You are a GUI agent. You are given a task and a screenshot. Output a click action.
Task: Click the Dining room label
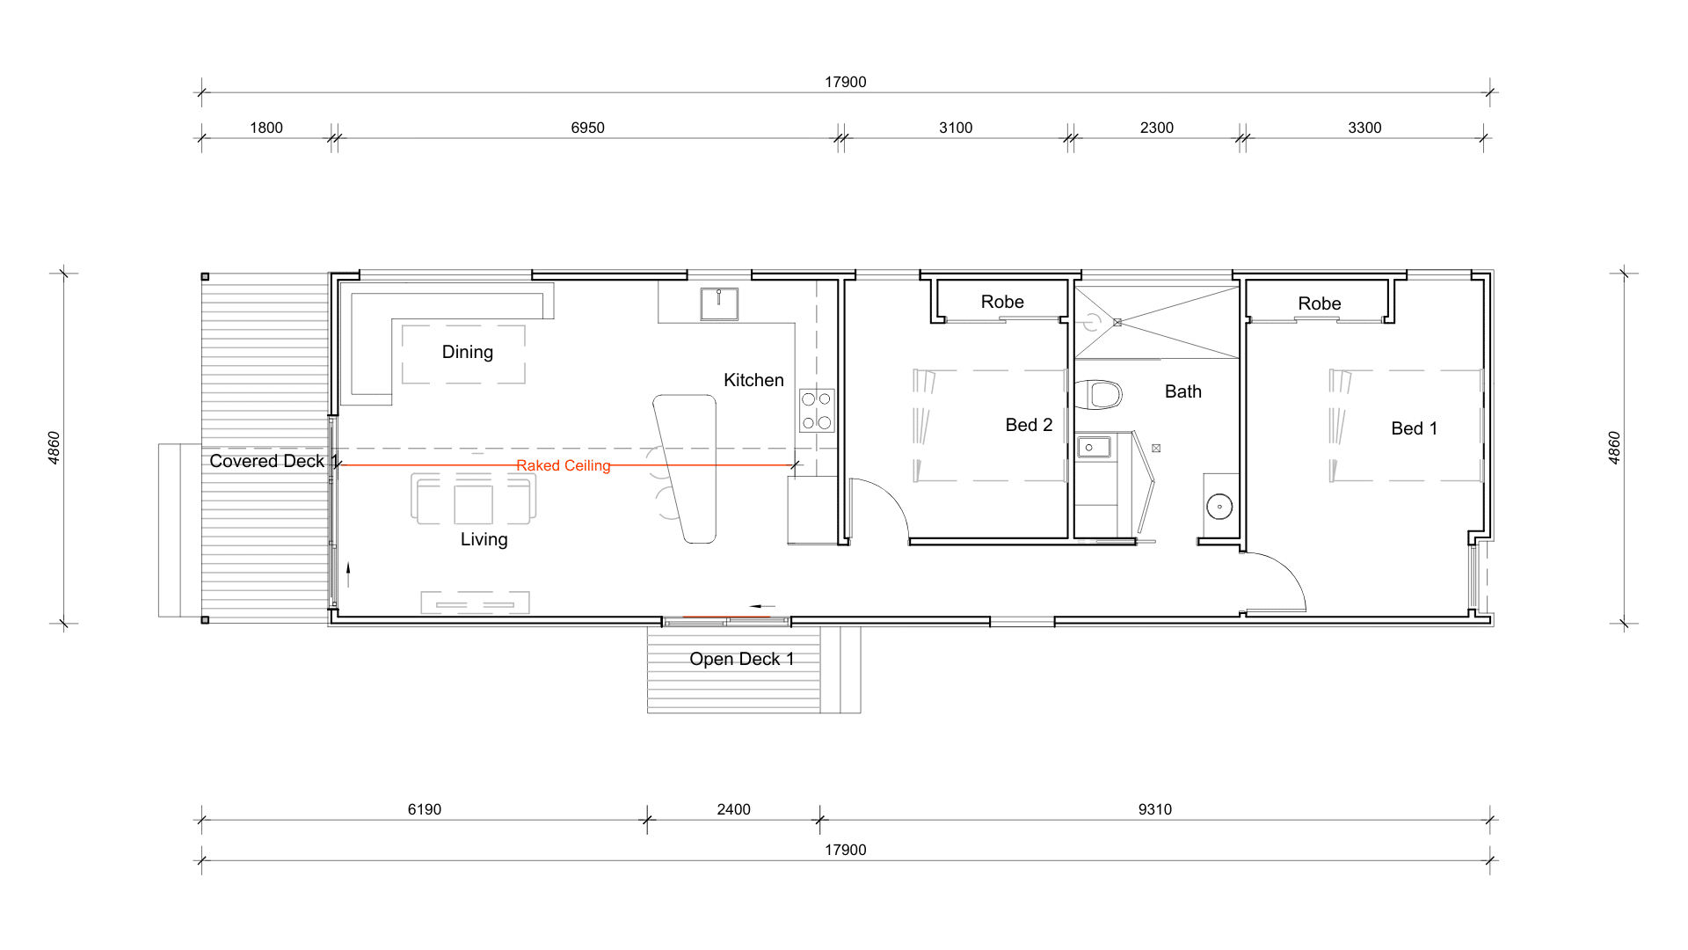click(x=467, y=352)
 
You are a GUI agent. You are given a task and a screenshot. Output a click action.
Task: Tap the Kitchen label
click(x=753, y=380)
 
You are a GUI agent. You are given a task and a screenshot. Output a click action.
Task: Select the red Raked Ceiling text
click(x=564, y=465)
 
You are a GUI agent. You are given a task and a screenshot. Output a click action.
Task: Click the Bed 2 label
click(x=1029, y=425)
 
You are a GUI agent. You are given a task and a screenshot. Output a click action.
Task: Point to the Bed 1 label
click(x=1414, y=428)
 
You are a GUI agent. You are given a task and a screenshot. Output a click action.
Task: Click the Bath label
click(x=1182, y=391)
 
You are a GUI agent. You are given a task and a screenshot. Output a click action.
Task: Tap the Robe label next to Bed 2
click(x=1002, y=302)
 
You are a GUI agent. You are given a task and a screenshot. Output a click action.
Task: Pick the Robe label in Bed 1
click(x=1320, y=303)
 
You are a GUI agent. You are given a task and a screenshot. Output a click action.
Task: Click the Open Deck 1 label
click(x=742, y=659)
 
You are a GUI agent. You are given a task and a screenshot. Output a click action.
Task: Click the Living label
click(x=484, y=539)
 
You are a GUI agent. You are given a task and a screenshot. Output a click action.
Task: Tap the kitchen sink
click(x=719, y=303)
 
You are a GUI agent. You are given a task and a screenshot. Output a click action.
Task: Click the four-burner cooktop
click(x=817, y=411)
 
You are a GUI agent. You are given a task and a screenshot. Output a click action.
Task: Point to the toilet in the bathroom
click(x=1100, y=395)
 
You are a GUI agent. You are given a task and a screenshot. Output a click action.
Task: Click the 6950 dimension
click(x=587, y=128)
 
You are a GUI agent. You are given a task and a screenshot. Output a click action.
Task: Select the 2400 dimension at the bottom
click(x=733, y=809)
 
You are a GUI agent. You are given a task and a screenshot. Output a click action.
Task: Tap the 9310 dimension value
click(x=1155, y=809)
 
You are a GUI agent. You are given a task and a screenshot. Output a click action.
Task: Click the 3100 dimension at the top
click(x=956, y=128)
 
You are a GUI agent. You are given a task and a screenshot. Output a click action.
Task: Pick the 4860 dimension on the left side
click(x=55, y=448)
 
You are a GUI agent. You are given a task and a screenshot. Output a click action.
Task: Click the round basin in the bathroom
click(x=1219, y=507)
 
